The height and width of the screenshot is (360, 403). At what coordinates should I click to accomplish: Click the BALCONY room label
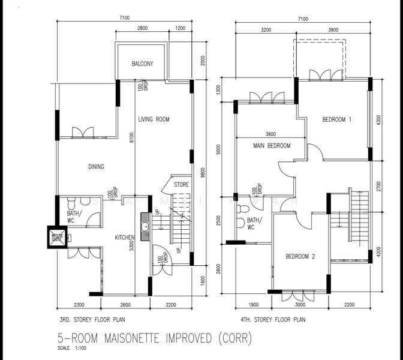[x=143, y=64]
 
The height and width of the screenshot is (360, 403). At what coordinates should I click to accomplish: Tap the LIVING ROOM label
[x=154, y=119]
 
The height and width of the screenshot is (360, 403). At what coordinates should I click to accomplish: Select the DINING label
[x=95, y=167]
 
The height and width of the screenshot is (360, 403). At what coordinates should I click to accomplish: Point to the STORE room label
[x=181, y=185]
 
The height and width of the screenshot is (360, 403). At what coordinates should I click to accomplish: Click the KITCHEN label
[x=125, y=238]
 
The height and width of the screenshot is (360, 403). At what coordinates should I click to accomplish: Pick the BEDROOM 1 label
[x=336, y=119]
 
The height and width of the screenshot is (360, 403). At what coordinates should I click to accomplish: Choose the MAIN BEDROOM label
[x=271, y=146]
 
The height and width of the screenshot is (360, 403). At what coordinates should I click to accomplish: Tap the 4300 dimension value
[x=378, y=119]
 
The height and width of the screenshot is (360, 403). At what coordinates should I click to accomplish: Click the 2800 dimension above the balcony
[x=143, y=29]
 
